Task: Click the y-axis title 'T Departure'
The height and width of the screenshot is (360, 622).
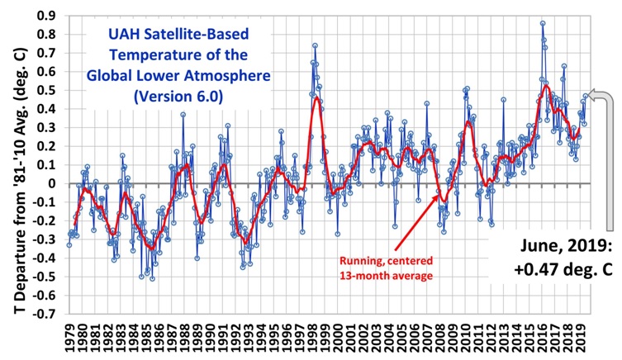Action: tap(15, 165)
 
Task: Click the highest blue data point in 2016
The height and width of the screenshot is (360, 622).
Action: tap(542, 23)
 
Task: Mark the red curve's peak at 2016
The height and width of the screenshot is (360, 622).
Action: tap(546, 85)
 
